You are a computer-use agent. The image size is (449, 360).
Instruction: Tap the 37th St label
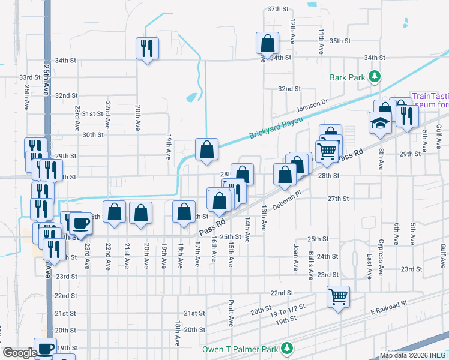pos(279,9)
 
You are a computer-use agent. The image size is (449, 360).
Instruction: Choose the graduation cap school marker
pos(380,123)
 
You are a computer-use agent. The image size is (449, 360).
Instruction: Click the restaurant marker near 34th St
pos(147,47)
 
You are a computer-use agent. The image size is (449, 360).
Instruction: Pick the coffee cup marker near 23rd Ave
pos(80,223)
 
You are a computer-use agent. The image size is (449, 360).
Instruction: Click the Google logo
pos(20,353)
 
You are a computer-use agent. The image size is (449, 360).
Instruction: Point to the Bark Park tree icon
pos(375,76)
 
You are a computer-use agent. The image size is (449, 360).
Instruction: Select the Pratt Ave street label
pos(231,313)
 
